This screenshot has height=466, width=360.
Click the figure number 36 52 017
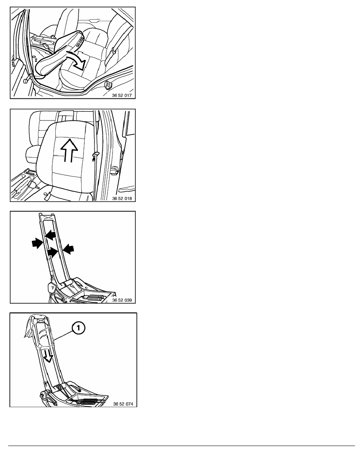[122, 96]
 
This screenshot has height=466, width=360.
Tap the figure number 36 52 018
[122, 198]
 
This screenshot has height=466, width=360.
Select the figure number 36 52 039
[122, 300]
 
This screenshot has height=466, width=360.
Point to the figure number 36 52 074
[123, 404]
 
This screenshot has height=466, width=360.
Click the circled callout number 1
[78, 328]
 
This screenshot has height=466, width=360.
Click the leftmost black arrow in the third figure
[37, 244]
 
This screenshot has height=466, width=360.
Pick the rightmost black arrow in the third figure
[68, 248]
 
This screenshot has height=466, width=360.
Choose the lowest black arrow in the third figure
[52, 251]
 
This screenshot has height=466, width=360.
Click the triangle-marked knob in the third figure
[52, 288]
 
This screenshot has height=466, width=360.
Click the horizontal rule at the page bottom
[182, 446]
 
